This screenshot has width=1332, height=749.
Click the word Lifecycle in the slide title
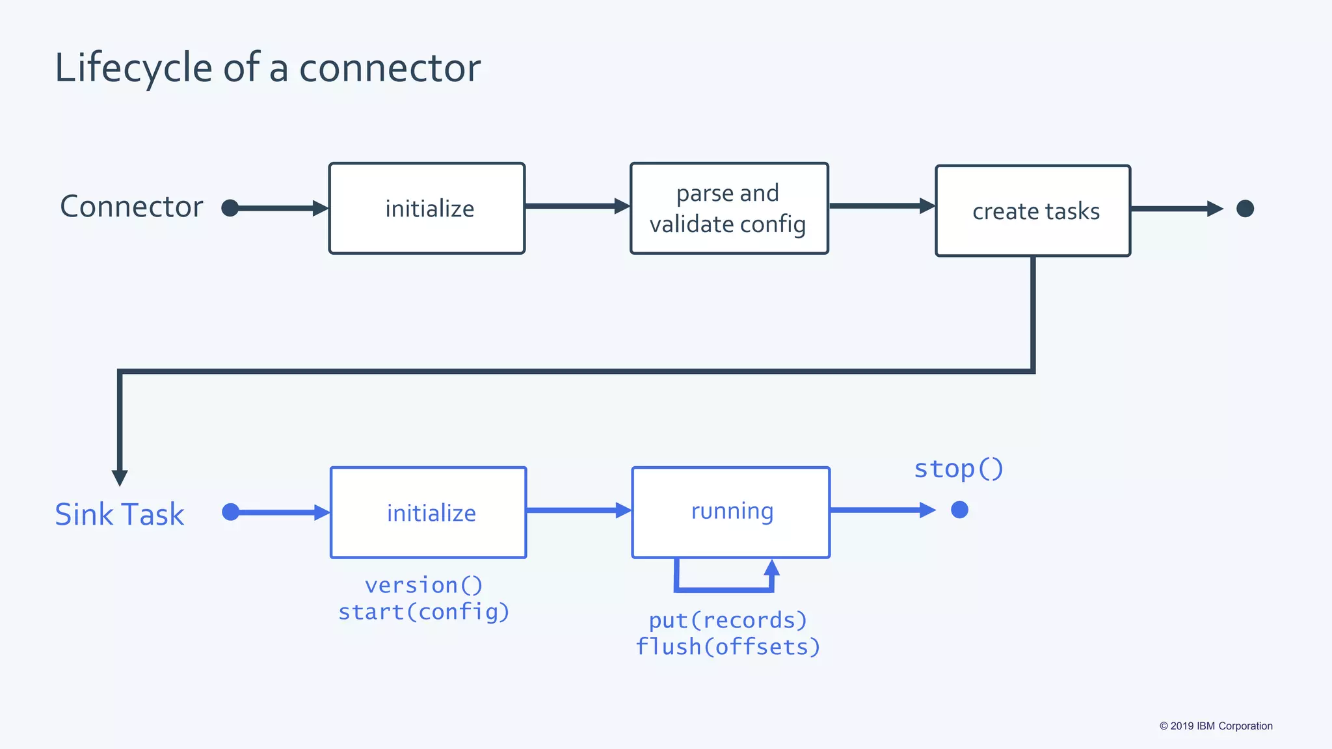pos(133,68)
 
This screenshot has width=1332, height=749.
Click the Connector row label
pos(131,207)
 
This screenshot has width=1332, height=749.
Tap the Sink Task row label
pos(120,514)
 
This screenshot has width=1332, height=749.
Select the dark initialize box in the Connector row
pos(427,208)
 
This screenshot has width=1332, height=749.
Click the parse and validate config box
pos(728,208)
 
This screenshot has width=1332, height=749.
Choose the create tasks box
pos(1033,211)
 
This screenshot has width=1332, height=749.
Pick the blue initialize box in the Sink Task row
pos(429,512)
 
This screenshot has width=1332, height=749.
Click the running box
pos(731,512)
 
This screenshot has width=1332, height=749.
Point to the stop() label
pos(959,468)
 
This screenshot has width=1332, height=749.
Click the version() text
pos(424,585)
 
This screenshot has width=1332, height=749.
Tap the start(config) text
pos(424,612)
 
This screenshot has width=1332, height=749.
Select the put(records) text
pos(728,620)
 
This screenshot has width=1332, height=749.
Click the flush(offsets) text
pos(728,647)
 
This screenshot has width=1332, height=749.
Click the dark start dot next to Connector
pos(230,208)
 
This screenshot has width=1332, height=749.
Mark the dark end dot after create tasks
pos(1245,208)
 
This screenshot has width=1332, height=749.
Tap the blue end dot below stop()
pos(959,510)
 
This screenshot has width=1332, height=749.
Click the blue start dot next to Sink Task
pos(230,512)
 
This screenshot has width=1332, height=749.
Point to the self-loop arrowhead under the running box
pos(772,567)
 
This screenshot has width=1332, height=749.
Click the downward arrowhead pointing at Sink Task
pos(120,478)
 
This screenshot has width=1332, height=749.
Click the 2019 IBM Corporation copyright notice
pos(1216,726)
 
